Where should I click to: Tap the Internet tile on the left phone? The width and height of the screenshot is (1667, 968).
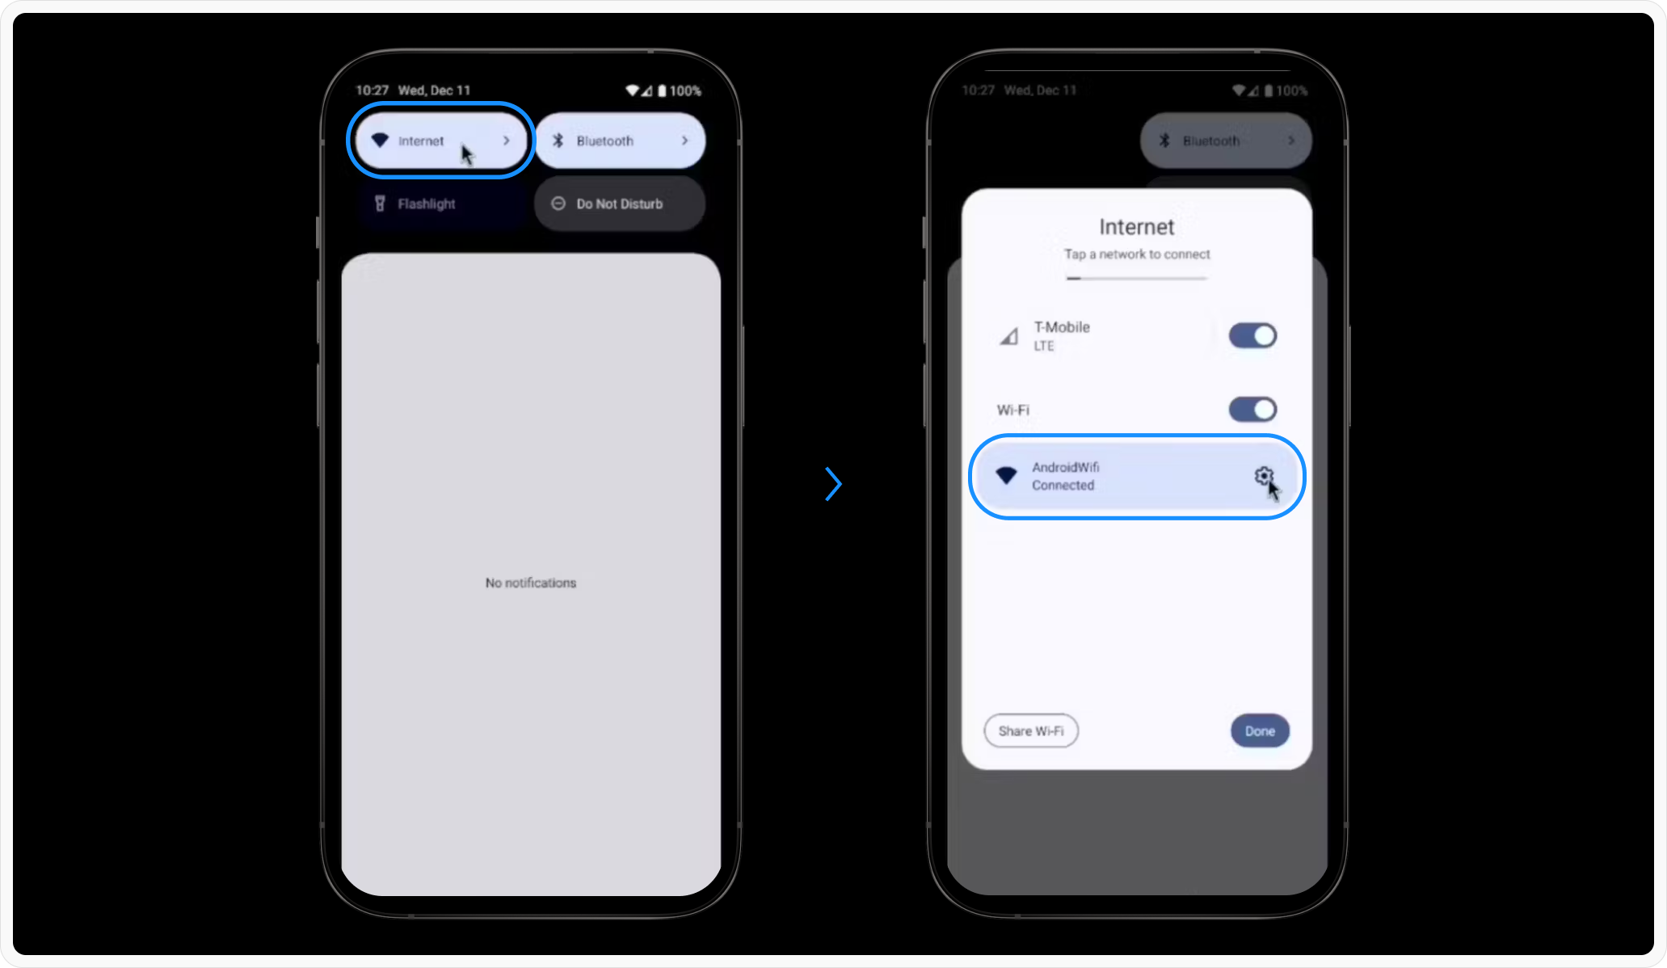pyautogui.click(x=440, y=141)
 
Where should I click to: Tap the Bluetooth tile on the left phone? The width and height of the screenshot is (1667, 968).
pyautogui.click(x=620, y=141)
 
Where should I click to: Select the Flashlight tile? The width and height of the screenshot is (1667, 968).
pyautogui.click(x=440, y=204)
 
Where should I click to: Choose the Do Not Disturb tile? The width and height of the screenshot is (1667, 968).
pyautogui.click(x=620, y=204)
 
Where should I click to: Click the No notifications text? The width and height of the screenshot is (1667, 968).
pyautogui.click(x=531, y=583)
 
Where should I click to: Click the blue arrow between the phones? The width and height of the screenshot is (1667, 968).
pyautogui.click(x=833, y=484)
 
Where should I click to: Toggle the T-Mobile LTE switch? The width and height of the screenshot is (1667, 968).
pyautogui.click(x=1252, y=335)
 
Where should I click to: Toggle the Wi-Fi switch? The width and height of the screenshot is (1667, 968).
pyautogui.click(x=1252, y=410)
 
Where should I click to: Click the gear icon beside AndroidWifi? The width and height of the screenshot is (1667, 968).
pyautogui.click(x=1264, y=476)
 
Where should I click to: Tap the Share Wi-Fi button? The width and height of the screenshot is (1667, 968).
pyautogui.click(x=1031, y=731)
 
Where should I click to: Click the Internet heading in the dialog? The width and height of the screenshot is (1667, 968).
pyautogui.click(x=1136, y=227)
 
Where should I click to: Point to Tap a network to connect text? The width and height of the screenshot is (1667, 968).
pyautogui.click(x=1137, y=254)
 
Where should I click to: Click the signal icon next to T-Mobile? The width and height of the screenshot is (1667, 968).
pyautogui.click(x=1008, y=336)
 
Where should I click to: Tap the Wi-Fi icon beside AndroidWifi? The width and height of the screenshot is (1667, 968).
pyautogui.click(x=1006, y=475)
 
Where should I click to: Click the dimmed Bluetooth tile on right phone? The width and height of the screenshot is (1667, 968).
pyautogui.click(x=1226, y=141)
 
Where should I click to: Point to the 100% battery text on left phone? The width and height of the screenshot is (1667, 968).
pyautogui.click(x=685, y=90)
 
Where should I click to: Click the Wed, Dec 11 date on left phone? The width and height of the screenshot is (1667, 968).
pyautogui.click(x=434, y=90)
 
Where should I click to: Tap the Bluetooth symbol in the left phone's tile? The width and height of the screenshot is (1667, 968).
pyautogui.click(x=558, y=141)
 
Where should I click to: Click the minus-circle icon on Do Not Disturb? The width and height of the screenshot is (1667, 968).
pyautogui.click(x=558, y=204)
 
